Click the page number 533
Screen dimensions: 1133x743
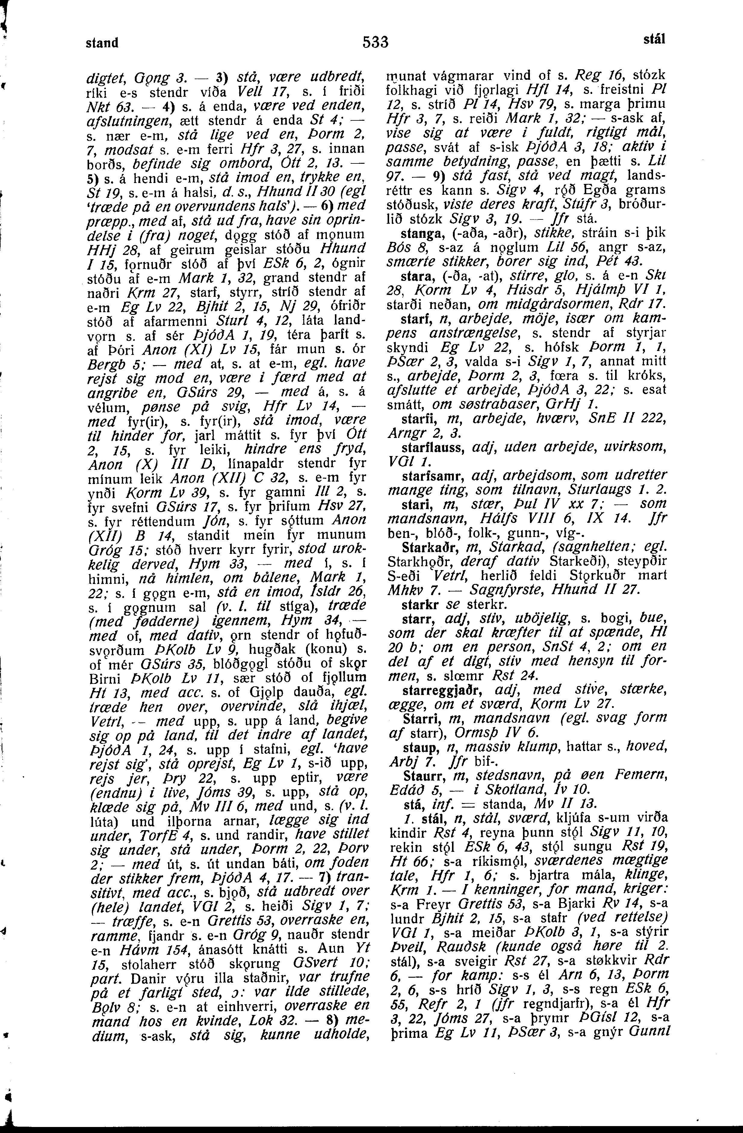point(376,42)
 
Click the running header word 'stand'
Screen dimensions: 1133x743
point(102,43)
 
